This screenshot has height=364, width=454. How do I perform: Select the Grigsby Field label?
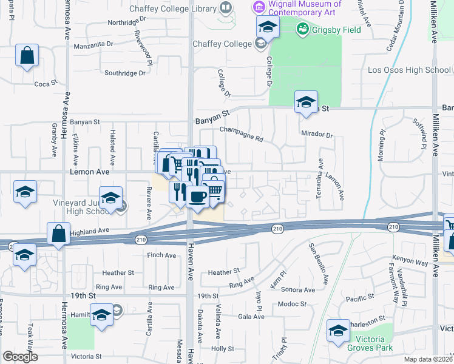[x=336, y=29]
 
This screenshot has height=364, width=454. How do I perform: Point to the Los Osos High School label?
[x=409, y=70]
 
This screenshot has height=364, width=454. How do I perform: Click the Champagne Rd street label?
[x=241, y=134]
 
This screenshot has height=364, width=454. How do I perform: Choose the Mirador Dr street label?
[x=317, y=135]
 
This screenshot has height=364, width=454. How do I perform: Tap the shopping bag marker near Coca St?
[x=27, y=56]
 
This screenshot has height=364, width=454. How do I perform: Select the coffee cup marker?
[x=197, y=197]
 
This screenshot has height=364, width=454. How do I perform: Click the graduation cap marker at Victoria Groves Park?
[x=338, y=331]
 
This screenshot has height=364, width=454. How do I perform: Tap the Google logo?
[x=20, y=357]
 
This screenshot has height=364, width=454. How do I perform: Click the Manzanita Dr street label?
[x=93, y=45]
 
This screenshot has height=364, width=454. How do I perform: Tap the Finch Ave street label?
[x=161, y=255]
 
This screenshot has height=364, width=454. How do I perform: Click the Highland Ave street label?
[x=89, y=231]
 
